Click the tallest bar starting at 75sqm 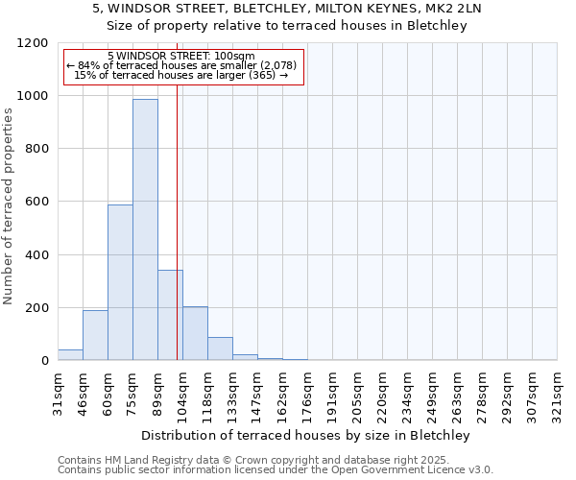(145, 230)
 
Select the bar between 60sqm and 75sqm (120, 283)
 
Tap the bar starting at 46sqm (95, 336)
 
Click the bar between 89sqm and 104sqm (170, 315)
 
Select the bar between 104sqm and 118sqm (195, 334)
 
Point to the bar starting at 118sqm (220, 349)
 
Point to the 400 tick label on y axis (38, 255)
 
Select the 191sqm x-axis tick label (332, 392)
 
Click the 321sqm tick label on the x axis (557, 392)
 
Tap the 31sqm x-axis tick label (58, 392)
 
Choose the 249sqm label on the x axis (432, 392)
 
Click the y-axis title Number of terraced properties (9, 206)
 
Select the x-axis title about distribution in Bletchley (307, 435)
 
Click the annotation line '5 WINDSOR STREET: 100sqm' (181, 56)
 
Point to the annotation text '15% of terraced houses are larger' (181, 75)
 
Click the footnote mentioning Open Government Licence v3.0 (276, 470)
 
